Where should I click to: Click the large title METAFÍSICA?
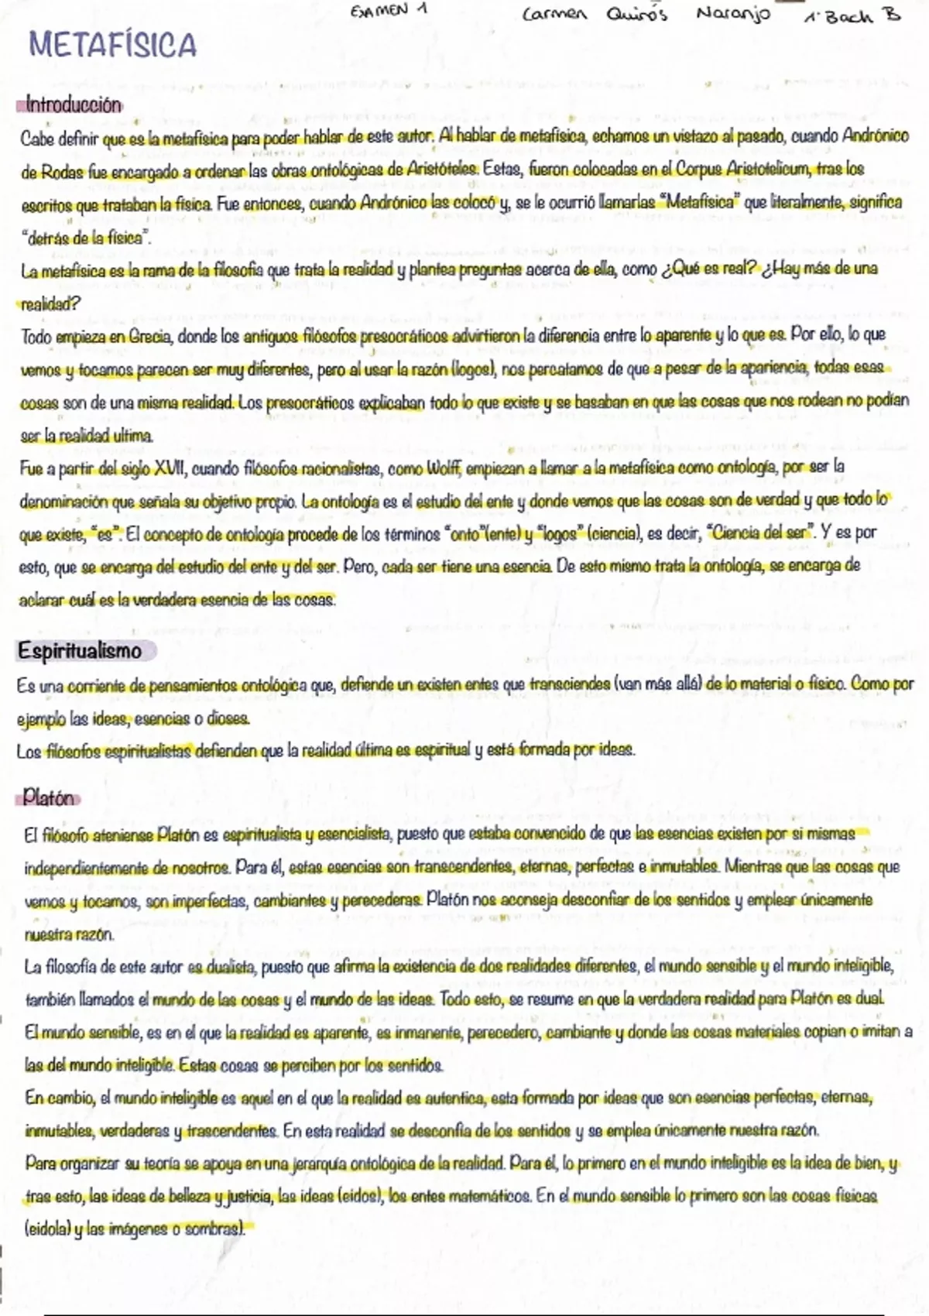pyautogui.click(x=113, y=46)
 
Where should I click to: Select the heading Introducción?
pyautogui.click(x=73, y=105)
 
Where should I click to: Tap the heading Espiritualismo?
pyautogui.click(x=80, y=651)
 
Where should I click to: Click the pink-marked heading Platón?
pyautogui.click(x=49, y=798)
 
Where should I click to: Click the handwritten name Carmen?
pyautogui.click(x=554, y=15)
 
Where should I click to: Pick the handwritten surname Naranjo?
pyautogui.click(x=732, y=15)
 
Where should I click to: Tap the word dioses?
pyautogui.click(x=228, y=719)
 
